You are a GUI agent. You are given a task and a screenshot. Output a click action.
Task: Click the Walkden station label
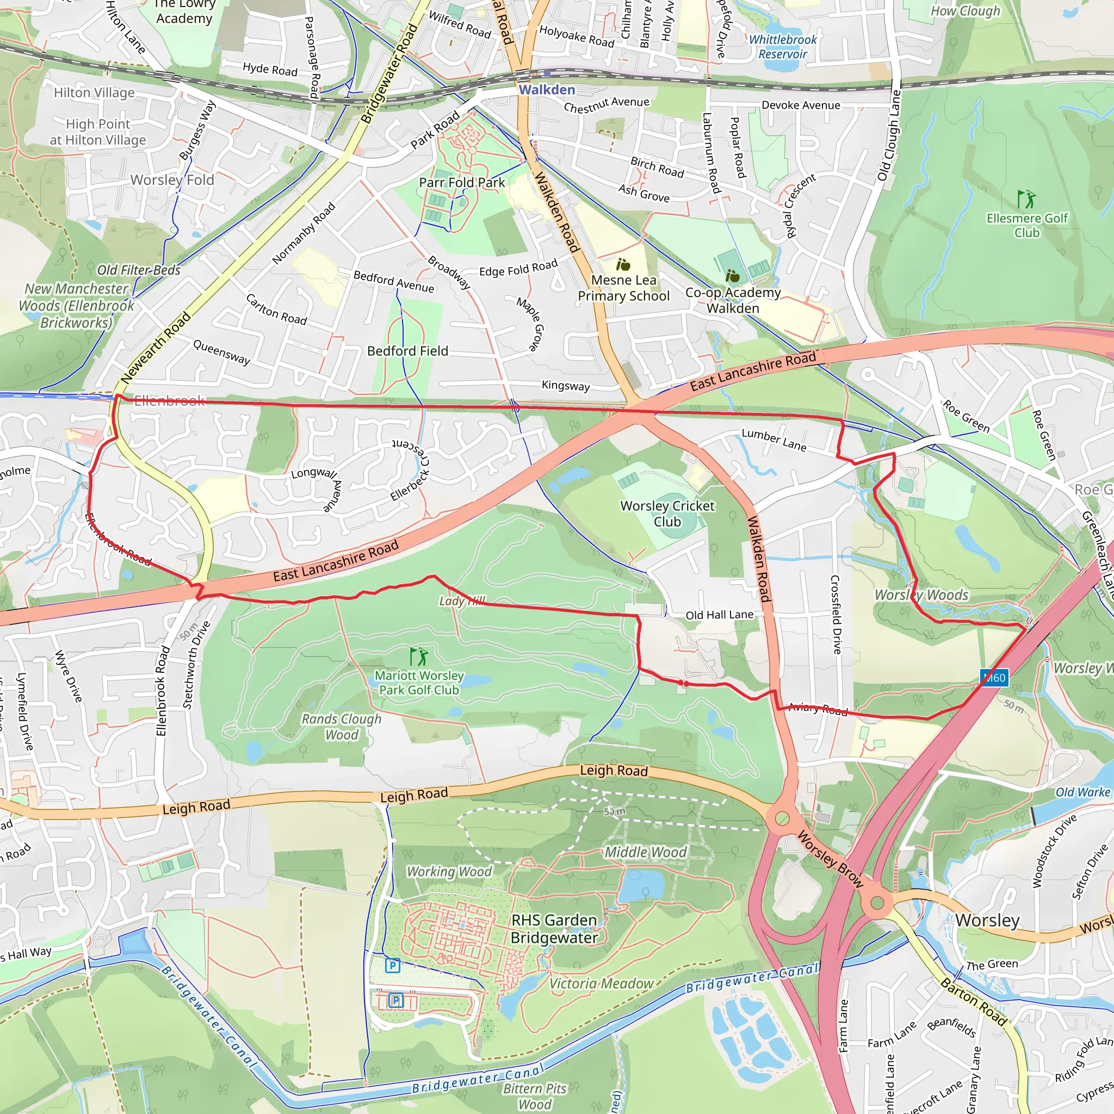pyautogui.click(x=547, y=90)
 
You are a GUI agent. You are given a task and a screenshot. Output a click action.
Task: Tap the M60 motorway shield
pyautogui.click(x=994, y=678)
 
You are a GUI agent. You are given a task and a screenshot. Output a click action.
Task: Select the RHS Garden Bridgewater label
pyautogui.click(x=554, y=929)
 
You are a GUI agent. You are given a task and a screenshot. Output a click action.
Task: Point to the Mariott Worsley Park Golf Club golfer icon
pyautogui.click(x=419, y=656)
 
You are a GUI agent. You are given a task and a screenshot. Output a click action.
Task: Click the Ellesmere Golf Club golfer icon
pyautogui.click(x=1026, y=200)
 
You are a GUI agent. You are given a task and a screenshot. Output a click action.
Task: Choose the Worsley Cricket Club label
pyautogui.click(x=667, y=513)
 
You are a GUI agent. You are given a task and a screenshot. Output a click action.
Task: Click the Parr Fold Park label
pyautogui.click(x=462, y=182)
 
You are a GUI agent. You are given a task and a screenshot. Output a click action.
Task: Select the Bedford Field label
pyautogui.click(x=407, y=351)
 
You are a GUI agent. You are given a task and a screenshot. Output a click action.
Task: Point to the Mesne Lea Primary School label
pyautogui.click(x=624, y=288)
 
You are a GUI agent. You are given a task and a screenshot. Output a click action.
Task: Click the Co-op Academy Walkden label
pyautogui.click(x=733, y=300)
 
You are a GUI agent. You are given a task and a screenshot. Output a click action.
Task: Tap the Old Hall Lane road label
pyautogui.click(x=719, y=615)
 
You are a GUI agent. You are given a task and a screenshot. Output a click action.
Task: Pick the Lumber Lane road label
pyautogui.click(x=774, y=440)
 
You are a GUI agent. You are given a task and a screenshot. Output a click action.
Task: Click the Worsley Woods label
pyautogui.click(x=921, y=595)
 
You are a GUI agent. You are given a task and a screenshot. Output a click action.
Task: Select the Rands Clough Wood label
pyautogui.click(x=342, y=727)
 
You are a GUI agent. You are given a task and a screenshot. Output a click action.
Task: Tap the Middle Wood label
pyautogui.click(x=646, y=852)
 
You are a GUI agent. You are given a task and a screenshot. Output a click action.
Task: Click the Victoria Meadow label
pyautogui.click(x=602, y=983)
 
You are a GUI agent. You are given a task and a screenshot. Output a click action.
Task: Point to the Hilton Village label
pyautogui.click(x=94, y=92)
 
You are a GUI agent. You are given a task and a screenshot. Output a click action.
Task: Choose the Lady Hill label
pyautogui.click(x=462, y=601)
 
